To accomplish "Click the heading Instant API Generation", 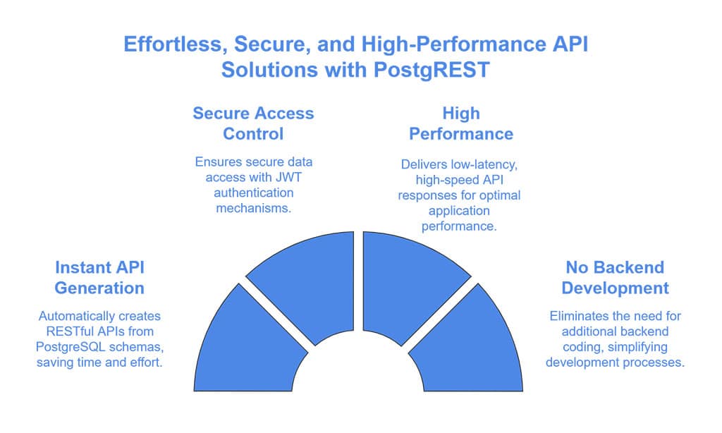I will pyautogui.click(x=99, y=278).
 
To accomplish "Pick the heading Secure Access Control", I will pyautogui.click(x=253, y=123).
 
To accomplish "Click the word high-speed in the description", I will pyautogui.click(x=428, y=179).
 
